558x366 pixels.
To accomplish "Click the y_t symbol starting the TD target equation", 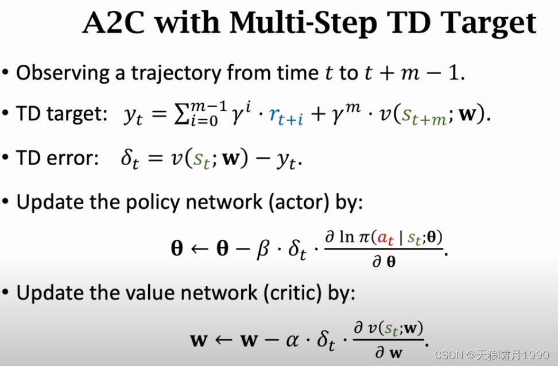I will tap(133, 117).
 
